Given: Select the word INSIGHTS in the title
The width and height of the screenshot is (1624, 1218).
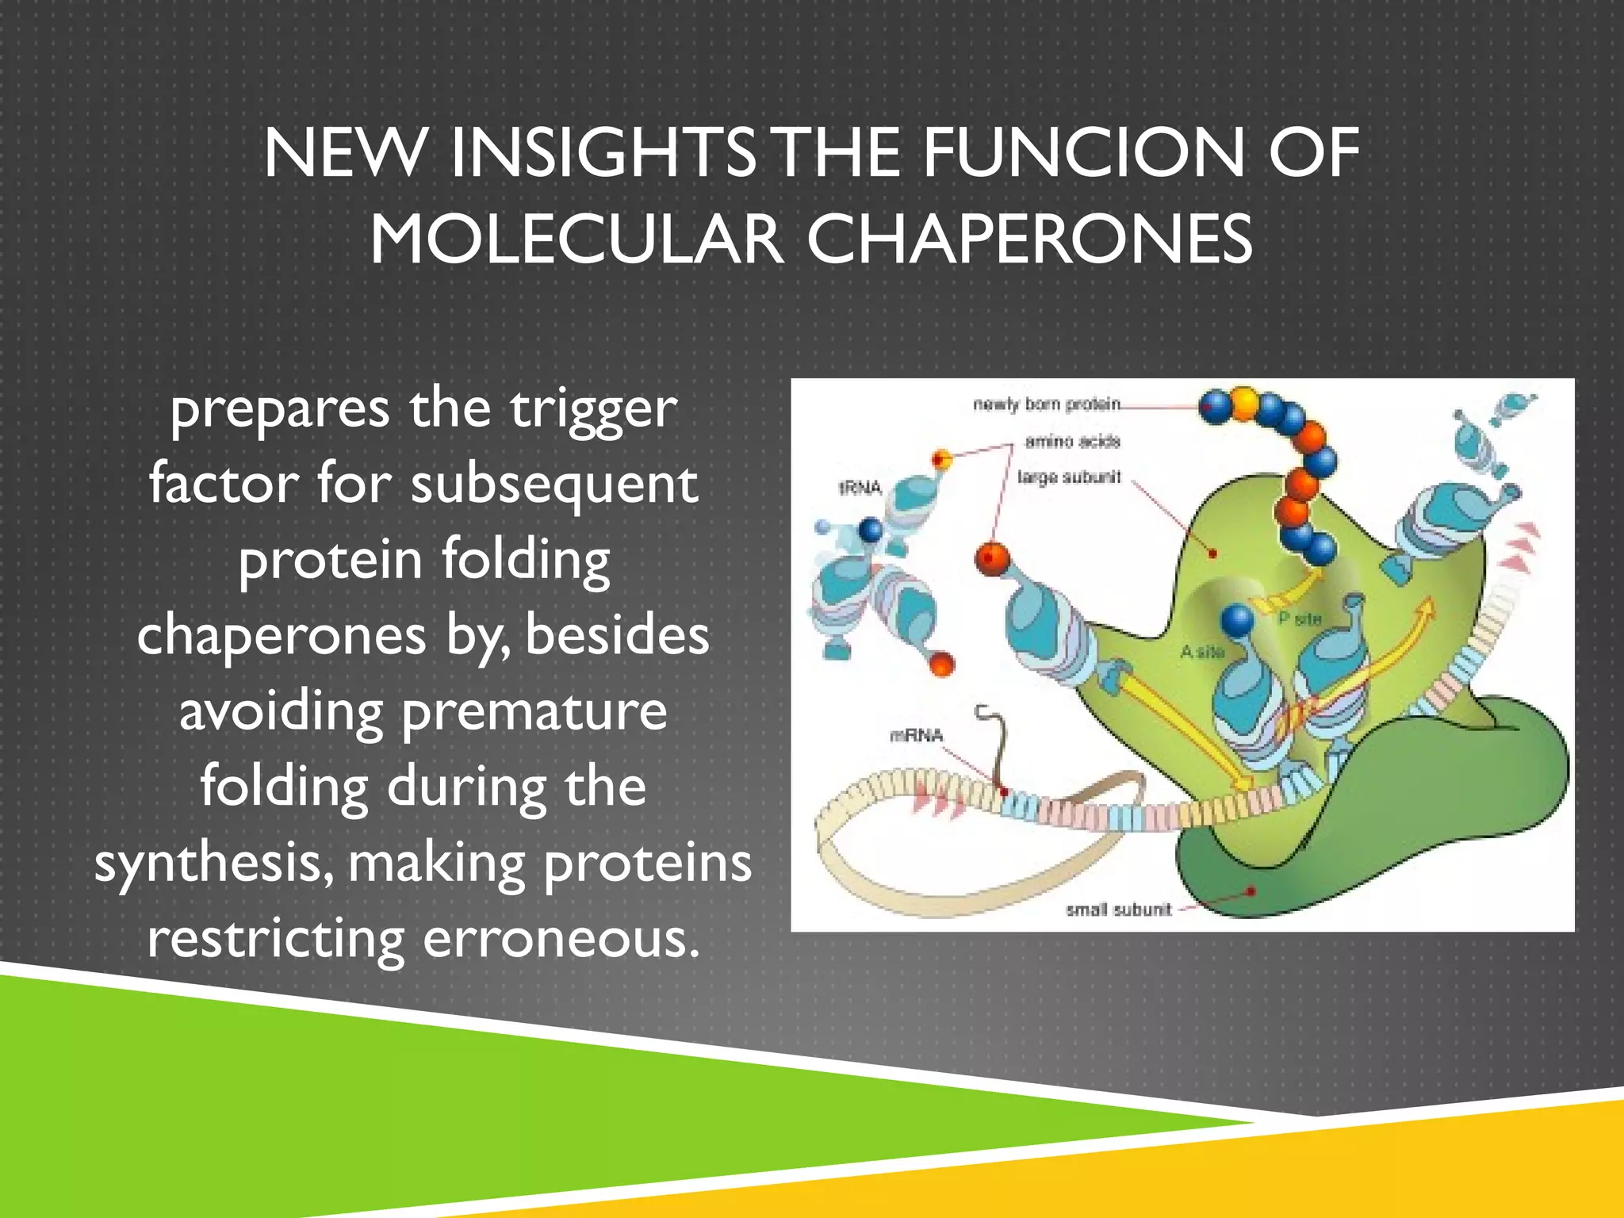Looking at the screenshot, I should point(603,153).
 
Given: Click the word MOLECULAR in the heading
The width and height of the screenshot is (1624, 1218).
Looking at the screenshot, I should point(576,240).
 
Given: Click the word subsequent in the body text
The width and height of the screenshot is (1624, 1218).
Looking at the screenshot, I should point(554,485).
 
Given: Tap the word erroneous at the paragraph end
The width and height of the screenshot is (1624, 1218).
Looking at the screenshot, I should point(561,939).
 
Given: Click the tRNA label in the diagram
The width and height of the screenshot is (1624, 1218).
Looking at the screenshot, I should point(860,488).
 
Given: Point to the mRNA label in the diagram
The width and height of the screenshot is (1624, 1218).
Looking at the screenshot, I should point(917,736).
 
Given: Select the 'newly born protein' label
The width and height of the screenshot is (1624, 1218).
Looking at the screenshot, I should point(1047,404).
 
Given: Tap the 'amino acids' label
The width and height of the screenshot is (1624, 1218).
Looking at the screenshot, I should point(1072,441).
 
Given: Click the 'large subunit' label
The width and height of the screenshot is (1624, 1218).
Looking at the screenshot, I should point(1069,477).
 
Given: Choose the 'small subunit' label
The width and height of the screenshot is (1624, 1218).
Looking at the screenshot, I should point(1118,910).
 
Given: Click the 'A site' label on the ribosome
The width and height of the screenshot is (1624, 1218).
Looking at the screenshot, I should point(1201,652).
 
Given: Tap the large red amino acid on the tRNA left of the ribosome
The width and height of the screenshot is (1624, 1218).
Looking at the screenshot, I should point(991,559).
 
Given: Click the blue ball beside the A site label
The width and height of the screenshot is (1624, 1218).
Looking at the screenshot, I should point(1237,619).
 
